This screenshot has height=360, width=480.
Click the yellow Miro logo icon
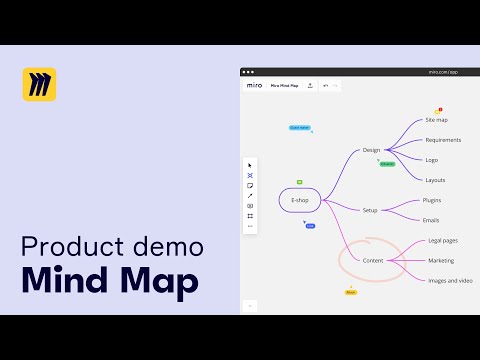39,84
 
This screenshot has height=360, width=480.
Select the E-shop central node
299,200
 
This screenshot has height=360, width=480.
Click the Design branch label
371,150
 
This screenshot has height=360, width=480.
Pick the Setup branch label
370,210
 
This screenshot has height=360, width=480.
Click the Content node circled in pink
373,260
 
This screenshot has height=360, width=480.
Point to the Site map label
436,120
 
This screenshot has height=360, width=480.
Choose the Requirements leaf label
442,140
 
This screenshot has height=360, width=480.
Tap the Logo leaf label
431,160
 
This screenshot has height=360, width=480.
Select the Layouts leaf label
435,180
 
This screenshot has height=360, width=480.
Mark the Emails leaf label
431,220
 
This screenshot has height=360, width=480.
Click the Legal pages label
442,241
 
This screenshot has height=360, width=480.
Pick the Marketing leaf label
441,260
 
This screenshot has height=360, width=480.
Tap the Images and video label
449,280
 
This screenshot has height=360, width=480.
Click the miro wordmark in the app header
254,85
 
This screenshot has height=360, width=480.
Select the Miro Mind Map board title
284,85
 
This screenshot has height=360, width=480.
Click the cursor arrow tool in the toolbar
250,164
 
